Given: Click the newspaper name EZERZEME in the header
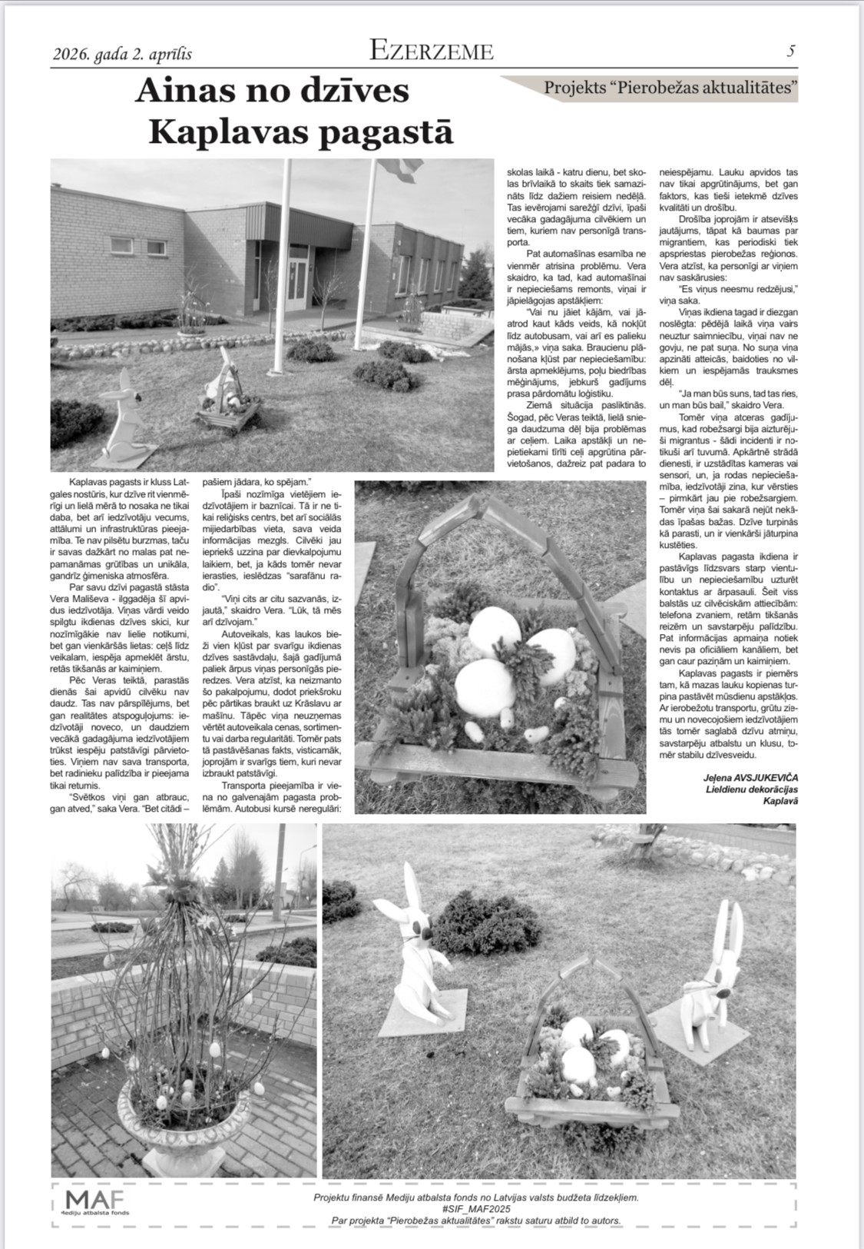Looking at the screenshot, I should coord(431,51).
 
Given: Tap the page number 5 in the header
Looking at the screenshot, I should coord(791,51).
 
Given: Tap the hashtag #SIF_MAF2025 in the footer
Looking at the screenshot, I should coord(475,1209).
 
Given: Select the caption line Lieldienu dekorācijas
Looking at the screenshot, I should coord(752,789).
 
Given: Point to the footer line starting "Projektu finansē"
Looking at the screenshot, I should coord(475,1198).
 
